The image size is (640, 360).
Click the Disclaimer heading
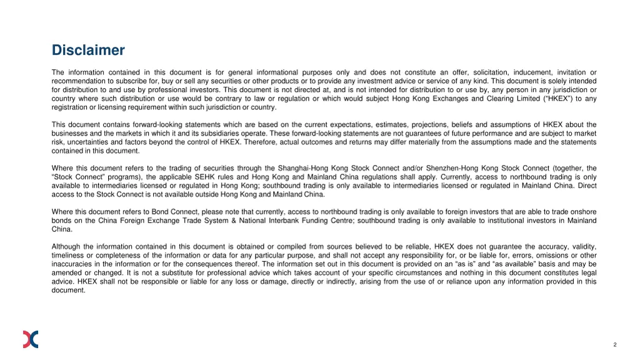[88, 50]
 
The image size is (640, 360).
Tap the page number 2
[615, 345]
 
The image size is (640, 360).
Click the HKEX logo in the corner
[31, 339]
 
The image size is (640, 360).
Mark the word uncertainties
[93, 142]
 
